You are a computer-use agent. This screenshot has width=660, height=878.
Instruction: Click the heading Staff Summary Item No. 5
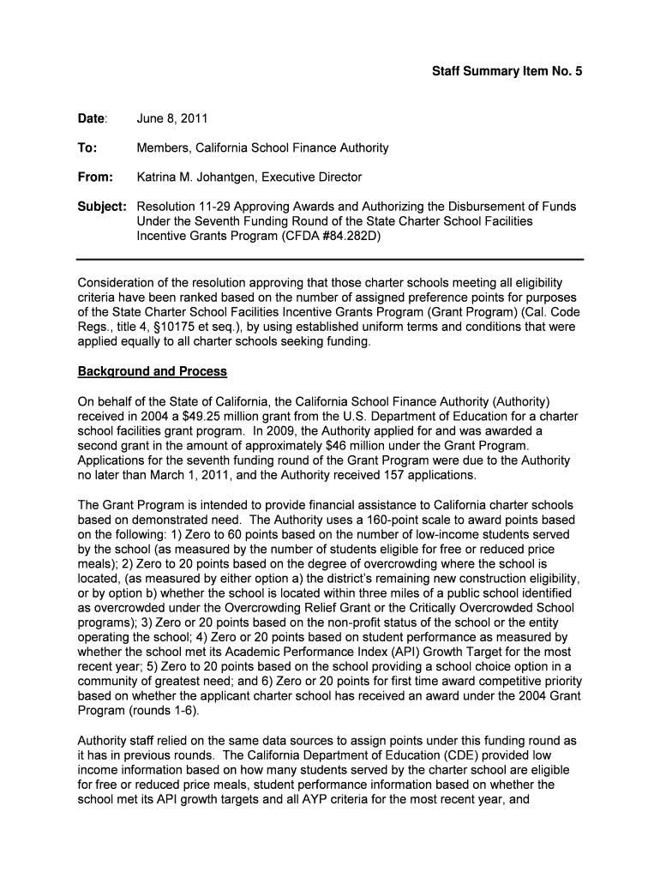pos(506,73)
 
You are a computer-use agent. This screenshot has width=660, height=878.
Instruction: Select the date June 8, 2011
pos(172,117)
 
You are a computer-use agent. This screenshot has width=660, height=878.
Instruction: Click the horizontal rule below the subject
pos(330,259)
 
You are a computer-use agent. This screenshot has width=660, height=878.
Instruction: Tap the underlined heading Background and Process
pos(153,371)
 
